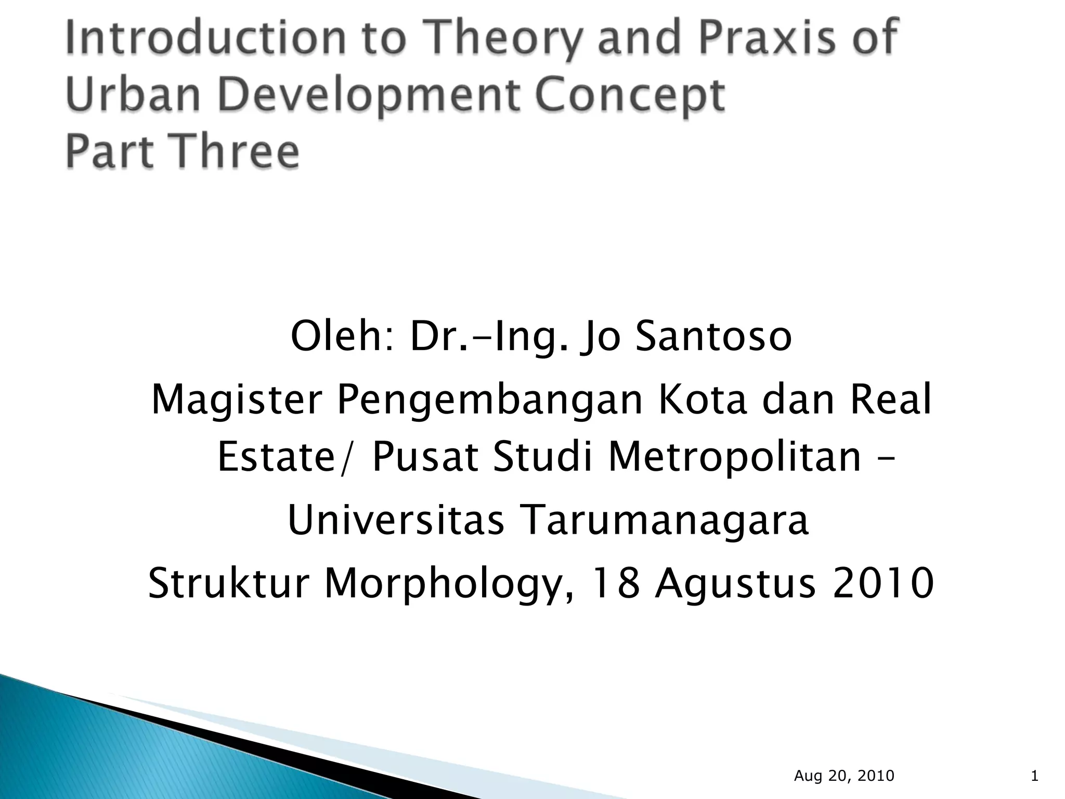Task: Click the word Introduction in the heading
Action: tap(206, 37)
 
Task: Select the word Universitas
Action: tap(396, 520)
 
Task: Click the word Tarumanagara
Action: tap(664, 520)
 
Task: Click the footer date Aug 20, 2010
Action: tap(844, 776)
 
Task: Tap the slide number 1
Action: tap(1034, 776)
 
